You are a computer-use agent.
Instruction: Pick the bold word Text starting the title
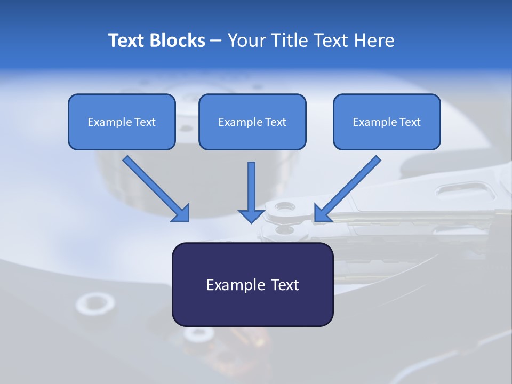[x=127, y=41]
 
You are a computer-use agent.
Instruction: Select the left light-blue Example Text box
[x=122, y=122]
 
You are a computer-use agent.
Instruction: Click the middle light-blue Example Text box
[x=252, y=122]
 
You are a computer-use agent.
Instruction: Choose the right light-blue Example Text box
[x=387, y=122]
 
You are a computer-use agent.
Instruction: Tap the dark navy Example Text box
[x=252, y=284]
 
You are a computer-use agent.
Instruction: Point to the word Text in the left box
[x=145, y=122]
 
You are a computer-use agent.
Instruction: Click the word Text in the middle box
[x=276, y=122]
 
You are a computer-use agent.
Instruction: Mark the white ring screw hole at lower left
[x=95, y=303]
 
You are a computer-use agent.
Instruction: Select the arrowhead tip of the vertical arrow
[x=252, y=221]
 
